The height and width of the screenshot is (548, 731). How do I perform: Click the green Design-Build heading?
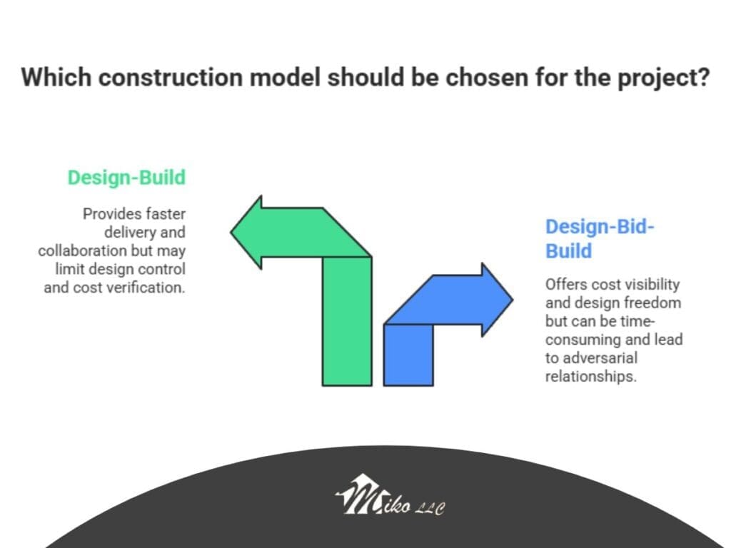point(126,178)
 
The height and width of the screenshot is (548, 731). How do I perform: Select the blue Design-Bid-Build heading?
point(600,238)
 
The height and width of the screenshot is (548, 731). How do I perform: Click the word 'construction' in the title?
point(171,77)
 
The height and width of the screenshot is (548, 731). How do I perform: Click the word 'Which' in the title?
point(56,77)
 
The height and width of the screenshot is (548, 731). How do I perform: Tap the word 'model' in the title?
point(285,77)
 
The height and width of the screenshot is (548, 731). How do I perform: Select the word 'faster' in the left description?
point(166,214)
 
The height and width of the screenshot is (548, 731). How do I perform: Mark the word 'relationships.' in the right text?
point(590,377)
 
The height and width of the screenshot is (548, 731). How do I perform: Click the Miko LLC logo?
point(390,495)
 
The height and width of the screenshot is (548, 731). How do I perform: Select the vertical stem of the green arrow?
point(347,322)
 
